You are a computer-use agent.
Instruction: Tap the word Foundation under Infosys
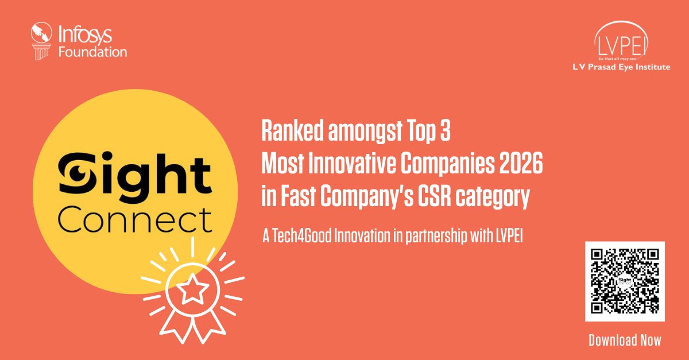pyautogui.click(x=92, y=52)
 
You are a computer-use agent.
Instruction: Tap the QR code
pyautogui.click(x=625, y=281)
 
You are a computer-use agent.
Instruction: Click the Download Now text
pyautogui.click(x=625, y=340)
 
